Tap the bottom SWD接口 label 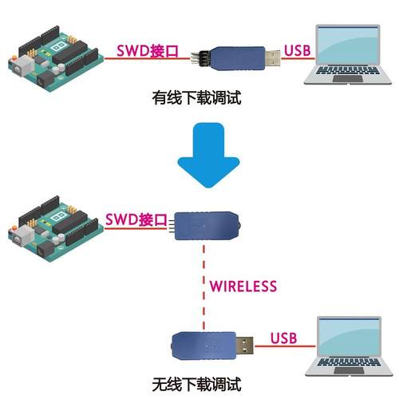136,219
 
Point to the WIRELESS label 243,286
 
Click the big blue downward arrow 207,152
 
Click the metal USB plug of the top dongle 271,55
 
